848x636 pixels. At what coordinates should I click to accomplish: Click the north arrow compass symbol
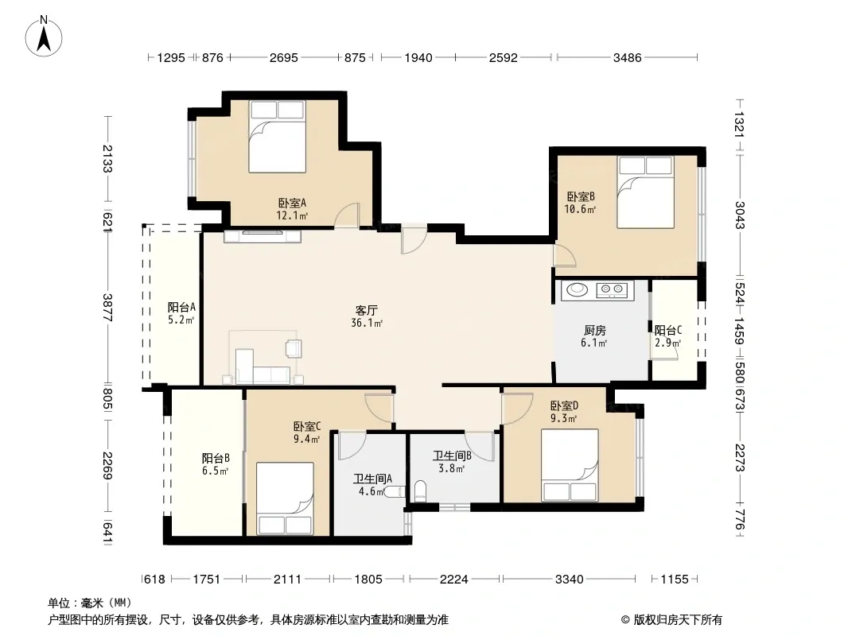pyautogui.click(x=44, y=37)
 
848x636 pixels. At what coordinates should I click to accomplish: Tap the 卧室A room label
pyautogui.click(x=293, y=204)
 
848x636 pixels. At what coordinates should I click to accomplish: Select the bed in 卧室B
pyautogui.click(x=646, y=192)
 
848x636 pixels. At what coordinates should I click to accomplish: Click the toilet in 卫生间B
pyautogui.click(x=420, y=491)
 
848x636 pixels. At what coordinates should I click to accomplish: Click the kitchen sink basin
pyautogui.click(x=577, y=290)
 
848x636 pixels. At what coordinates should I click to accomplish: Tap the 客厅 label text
pyautogui.click(x=366, y=310)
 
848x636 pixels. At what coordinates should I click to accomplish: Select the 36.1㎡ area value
pyautogui.click(x=367, y=323)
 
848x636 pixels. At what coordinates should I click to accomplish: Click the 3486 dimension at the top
pyautogui.click(x=628, y=57)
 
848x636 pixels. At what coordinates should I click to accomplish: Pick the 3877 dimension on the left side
pyautogui.click(x=107, y=308)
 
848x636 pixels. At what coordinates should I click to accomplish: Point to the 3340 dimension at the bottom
pyautogui.click(x=570, y=580)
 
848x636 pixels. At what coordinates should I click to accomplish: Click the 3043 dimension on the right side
pyautogui.click(x=740, y=215)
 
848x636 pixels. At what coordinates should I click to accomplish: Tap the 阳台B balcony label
pyautogui.click(x=216, y=458)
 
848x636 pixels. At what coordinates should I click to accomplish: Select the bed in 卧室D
pyautogui.click(x=570, y=465)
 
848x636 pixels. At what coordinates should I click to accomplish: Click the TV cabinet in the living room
pyautogui.click(x=263, y=236)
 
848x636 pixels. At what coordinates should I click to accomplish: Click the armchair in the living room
pyautogui.click(x=294, y=348)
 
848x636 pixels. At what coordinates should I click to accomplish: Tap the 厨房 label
pyautogui.click(x=595, y=330)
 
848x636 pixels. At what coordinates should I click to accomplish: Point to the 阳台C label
pyautogui.click(x=668, y=330)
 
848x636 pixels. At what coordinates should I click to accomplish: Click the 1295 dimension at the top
pyautogui.click(x=171, y=57)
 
